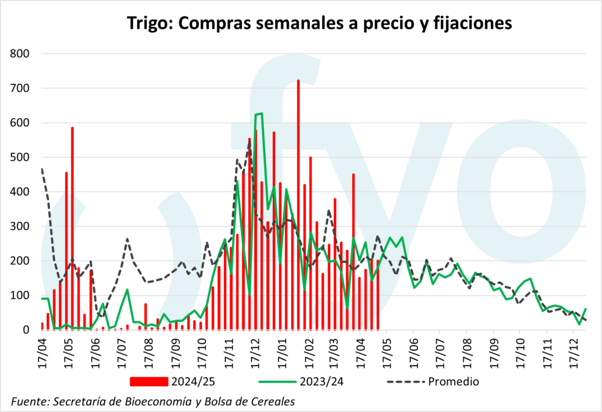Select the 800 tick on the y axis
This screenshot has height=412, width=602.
(x=21, y=54)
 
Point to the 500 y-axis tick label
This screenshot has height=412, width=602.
(x=21, y=158)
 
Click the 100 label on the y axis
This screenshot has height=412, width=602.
(x=21, y=296)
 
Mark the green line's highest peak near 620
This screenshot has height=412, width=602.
(x=260, y=113)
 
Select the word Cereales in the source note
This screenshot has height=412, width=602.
(x=273, y=401)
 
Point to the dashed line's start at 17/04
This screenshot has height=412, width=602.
(x=42, y=169)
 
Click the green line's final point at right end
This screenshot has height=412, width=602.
(x=586, y=309)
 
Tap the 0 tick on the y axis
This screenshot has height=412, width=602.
(x=26, y=330)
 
